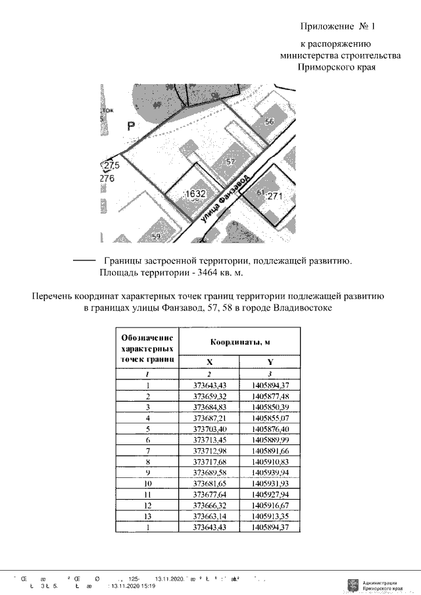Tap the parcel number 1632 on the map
tap(195, 194)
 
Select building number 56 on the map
tap(269, 122)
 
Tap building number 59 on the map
tap(156, 237)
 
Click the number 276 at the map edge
tap(107, 178)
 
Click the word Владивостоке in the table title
tap(292, 307)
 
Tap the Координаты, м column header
tap(240, 343)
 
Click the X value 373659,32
tap(210, 396)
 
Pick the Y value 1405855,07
tap(270, 417)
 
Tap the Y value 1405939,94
tap(270, 472)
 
